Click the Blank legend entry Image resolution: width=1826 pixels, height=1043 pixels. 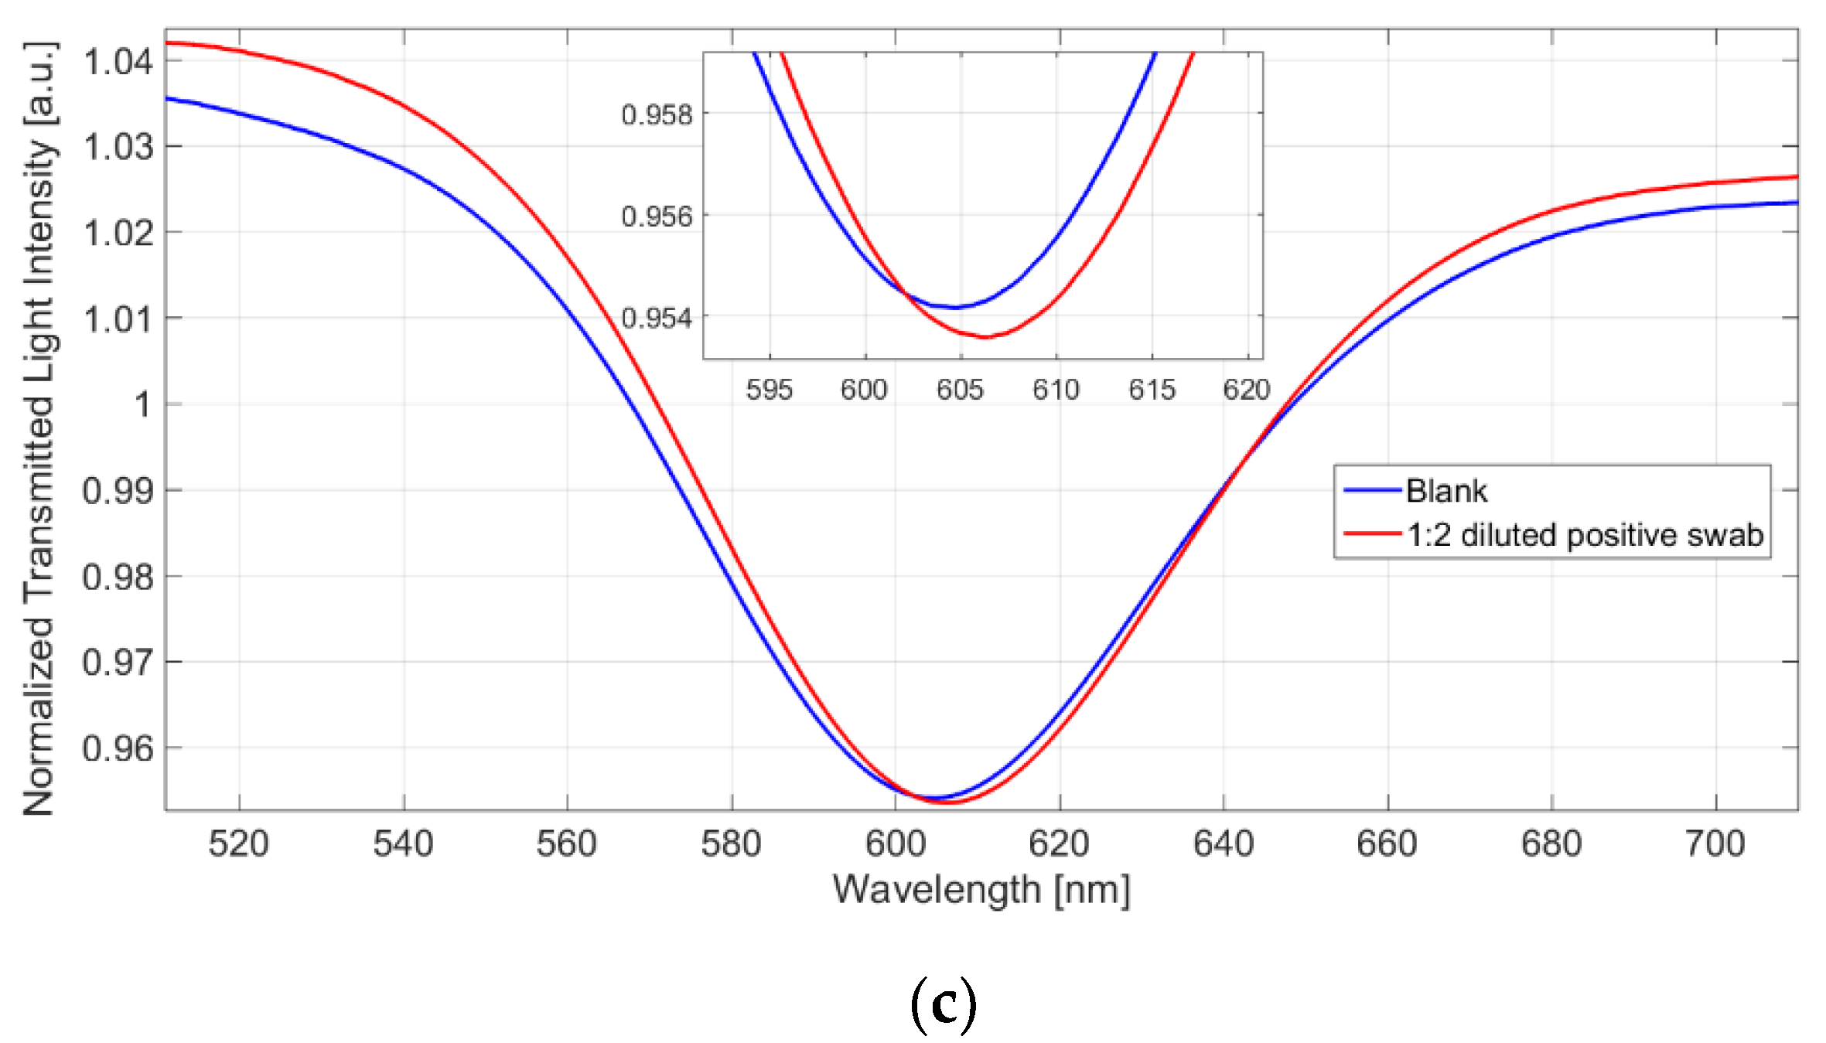pyautogui.click(x=1445, y=491)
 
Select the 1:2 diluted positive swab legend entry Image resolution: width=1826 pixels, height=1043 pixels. pyautogui.click(x=1584, y=535)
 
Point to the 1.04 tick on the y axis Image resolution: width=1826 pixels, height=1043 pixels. pyautogui.click(x=118, y=62)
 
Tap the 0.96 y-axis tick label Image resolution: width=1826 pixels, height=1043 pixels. pyautogui.click(x=118, y=748)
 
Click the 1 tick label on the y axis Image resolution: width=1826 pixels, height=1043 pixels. pyautogui.click(x=143, y=404)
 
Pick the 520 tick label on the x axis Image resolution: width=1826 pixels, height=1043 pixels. pyautogui.click(x=238, y=844)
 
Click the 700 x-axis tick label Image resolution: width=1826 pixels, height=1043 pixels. pyautogui.click(x=1715, y=844)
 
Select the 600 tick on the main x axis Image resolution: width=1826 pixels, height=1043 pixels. pyautogui.click(x=895, y=844)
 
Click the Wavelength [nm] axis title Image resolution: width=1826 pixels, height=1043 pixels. pyautogui.click(x=981, y=890)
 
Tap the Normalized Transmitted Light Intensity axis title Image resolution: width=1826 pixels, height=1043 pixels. pyautogui.click(x=39, y=429)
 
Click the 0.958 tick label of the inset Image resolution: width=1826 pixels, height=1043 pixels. pyautogui.click(x=657, y=115)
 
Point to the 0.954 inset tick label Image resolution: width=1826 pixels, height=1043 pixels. pyautogui.click(x=657, y=318)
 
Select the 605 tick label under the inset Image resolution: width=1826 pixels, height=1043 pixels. pyautogui.click(x=960, y=390)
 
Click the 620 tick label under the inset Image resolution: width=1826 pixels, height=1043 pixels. pyautogui.click(x=1246, y=390)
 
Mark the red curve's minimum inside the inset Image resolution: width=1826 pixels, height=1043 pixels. pyautogui.click(x=986, y=337)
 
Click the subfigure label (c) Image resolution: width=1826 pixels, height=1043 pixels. pyautogui.click(x=943, y=1004)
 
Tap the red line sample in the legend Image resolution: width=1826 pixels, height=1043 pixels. pyautogui.click(x=1372, y=534)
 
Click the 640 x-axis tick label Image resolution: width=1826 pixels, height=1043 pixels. pyautogui.click(x=1223, y=844)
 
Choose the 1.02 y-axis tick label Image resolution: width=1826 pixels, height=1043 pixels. pyautogui.click(x=118, y=233)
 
